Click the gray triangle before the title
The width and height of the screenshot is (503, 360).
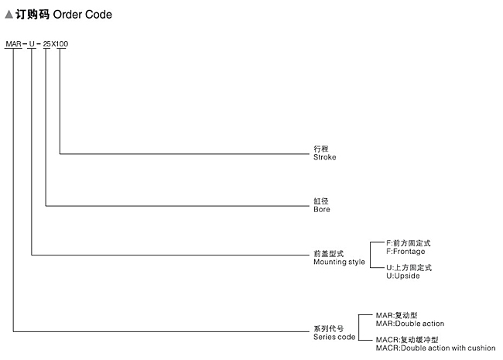[x=9, y=15]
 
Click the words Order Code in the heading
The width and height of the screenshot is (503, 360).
[x=83, y=15]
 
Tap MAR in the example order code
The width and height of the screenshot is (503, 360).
[x=13, y=43]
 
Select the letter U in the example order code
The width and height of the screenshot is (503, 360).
[x=32, y=43]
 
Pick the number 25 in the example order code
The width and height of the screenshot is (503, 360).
[x=47, y=43]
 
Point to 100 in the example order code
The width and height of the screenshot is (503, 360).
[x=62, y=43]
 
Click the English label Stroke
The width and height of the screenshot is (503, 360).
[x=325, y=157]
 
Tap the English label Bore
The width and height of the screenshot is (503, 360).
[x=322, y=209]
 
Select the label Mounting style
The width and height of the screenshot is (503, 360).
[x=339, y=262]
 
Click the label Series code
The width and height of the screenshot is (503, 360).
[x=334, y=337]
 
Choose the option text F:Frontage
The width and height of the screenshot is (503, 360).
[x=405, y=252]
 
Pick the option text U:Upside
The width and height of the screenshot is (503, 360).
[x=403, y=276]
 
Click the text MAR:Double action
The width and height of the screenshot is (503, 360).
[x=410, y=324]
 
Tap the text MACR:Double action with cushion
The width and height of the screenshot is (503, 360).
[x=436, y=348]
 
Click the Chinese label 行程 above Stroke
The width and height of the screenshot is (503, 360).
[x=321, y=149]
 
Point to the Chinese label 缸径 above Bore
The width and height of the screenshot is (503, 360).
[x=321, y=201]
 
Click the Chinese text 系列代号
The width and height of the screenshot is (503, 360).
[x=328, y=328]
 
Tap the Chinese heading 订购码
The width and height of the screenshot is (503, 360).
[x=33, y=15]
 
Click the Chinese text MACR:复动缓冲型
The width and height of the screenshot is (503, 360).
[x=407, y=339]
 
